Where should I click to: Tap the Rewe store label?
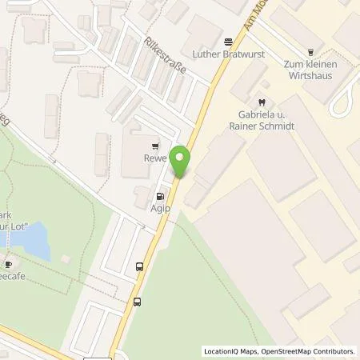click(155, 158)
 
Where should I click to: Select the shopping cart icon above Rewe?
click(155, 146)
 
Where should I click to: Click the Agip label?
click(162, 206)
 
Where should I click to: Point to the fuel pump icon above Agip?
click(162, 194)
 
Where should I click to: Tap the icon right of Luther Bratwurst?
click(229, 40)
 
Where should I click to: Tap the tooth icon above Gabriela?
click(262, 102)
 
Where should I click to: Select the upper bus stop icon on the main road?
click(140, 267)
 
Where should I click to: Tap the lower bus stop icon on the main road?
click(138, 302)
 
